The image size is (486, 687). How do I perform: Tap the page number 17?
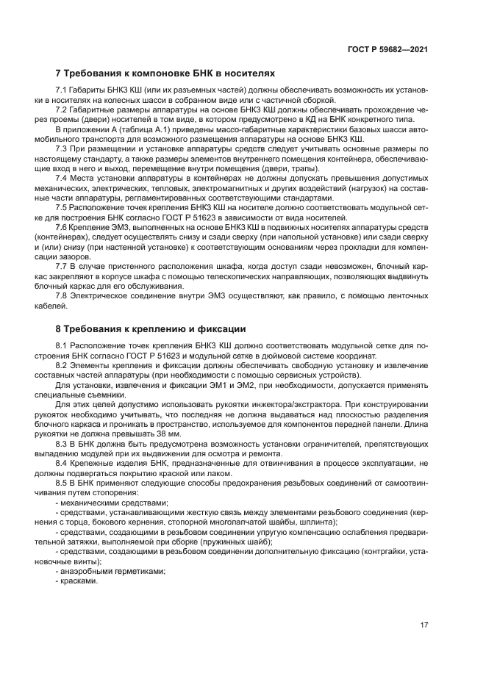pos(424,625)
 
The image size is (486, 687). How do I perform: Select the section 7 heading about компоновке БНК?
pos(165,73)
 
